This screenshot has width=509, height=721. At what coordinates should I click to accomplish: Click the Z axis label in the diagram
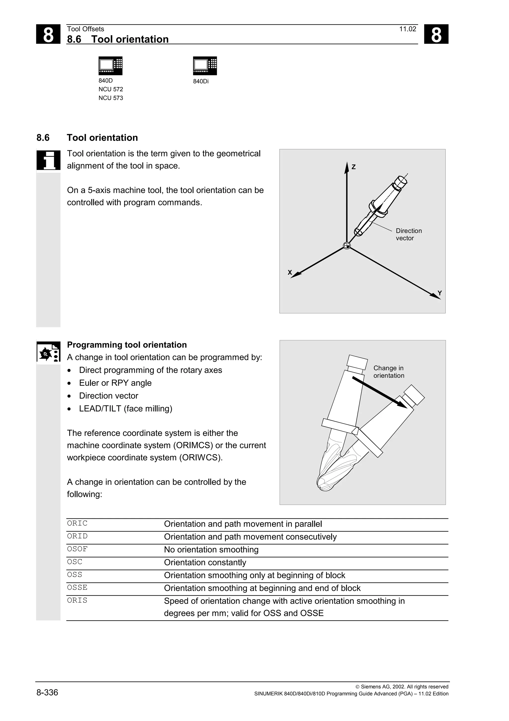point(353,167)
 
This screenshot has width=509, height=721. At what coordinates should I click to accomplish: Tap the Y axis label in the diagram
point(439,293)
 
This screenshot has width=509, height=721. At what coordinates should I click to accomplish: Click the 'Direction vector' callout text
point(408,234)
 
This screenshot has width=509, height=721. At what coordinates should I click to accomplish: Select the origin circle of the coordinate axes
point(346,246)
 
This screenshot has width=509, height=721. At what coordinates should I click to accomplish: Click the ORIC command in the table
point(77,523)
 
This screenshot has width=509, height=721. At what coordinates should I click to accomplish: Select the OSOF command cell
point(77,549)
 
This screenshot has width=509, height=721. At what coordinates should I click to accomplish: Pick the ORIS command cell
point(77,600)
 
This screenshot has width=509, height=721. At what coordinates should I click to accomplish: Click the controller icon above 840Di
point(205,66)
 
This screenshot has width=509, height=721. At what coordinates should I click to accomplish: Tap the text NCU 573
point(111,98)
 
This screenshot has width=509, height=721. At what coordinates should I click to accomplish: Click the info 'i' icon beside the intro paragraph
point(48,160)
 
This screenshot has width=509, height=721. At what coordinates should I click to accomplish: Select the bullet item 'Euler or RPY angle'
point(115,383)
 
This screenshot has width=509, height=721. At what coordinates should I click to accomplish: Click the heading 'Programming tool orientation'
point(127,345)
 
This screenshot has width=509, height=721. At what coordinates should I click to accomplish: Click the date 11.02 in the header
point(407,29)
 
